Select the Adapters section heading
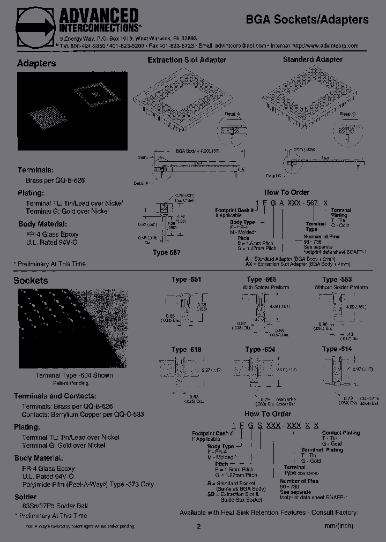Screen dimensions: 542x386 (x=36, y=63)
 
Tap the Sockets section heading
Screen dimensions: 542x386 (x=31, y=280)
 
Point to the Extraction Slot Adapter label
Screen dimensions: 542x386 (x=187, y=60)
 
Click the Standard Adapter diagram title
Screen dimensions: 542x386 (x=313, y=59)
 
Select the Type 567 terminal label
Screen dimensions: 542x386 (x=167, y=252)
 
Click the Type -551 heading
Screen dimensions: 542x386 (x=187, y=280)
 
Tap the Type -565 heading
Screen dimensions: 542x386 (x=262, y=280)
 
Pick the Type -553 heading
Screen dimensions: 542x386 (x=337, y=280)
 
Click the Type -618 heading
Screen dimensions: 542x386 (x=187, y=350)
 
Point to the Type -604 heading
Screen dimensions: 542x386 (x=261, y=350)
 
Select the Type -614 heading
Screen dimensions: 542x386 (x=337, y=349)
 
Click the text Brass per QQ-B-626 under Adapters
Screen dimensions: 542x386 (x=55, y=181)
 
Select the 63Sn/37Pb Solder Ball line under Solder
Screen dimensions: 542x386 (x=55, y=506)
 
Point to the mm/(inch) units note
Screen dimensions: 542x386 (x=339, y=526)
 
